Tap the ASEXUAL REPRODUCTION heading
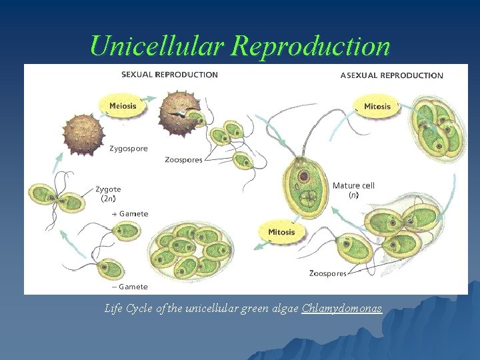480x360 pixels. pos(391,75)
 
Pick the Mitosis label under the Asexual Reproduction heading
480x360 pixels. pos(377,107)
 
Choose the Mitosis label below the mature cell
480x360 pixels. pos(281,233)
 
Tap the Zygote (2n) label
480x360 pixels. pos(108,193)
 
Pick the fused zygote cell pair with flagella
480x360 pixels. pos(51,198)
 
